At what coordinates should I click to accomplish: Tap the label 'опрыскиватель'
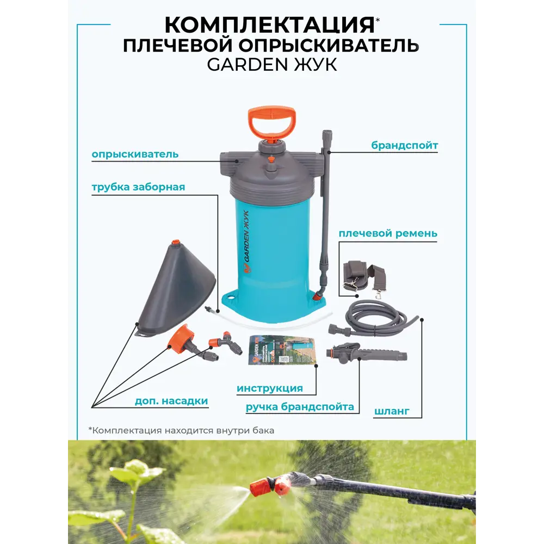[x=135, y=154]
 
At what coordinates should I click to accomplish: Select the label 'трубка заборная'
[x=138, y=187]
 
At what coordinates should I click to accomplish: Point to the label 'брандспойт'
[x=405, y=145]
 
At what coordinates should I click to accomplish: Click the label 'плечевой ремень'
[x=387, y=233]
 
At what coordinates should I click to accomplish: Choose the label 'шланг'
[x=392, y=411]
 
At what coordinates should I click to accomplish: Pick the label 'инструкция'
[x=270, y=388]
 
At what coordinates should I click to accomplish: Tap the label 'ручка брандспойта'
[x=300, y=406]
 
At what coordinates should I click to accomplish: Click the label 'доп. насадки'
[x=171, y=401]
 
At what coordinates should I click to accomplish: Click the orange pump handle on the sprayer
[x=270, y=122]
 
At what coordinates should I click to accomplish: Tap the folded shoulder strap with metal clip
[x=364, y=275]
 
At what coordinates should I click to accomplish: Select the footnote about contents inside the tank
[x=181, y=430]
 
